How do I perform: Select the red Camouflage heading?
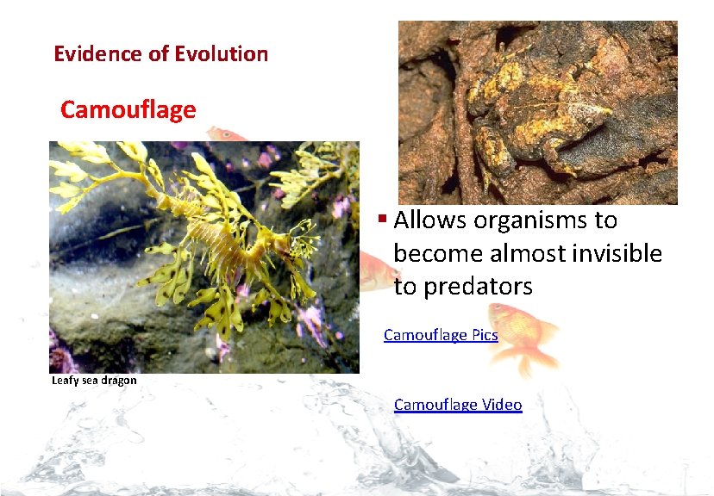point(128,110)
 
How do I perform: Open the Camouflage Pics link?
point(441,334)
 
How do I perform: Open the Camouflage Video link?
point(458,404)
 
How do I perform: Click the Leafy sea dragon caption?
point(94,380)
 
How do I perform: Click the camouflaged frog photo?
point(537,112)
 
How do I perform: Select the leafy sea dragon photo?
point(204,257)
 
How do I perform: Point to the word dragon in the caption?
point(118,380)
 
